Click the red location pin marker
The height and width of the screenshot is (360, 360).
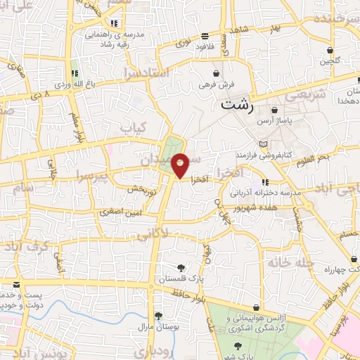click(x=181, y=166)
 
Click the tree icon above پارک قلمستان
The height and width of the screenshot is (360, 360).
click(x=182, y=267)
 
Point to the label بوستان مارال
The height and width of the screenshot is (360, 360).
click(x=158, y=326)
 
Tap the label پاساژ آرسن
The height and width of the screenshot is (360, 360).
click(x=274, y=120)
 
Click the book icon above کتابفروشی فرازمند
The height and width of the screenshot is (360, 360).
click(x=264, y=143)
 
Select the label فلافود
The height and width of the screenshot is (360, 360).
click(x=205, y=46)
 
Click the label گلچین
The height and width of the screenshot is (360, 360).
click(x=330, y=60)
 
